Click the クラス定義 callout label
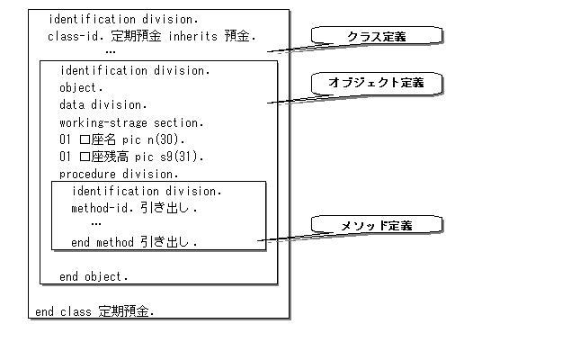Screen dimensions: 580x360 click(377, 36)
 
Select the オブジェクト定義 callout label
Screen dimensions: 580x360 click(376, 82)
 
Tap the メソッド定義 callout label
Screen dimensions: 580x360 click(377, 225)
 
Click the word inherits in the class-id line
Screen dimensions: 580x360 click(192, 36)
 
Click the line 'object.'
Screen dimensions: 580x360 click(81, 88)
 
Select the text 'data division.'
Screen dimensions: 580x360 click(103, 104)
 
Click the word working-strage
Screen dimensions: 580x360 click(103, 122)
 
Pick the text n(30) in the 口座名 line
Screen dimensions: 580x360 click(165, 139)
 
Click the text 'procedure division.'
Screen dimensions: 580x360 click(119, 174)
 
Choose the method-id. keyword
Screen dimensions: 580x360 click(103, 208)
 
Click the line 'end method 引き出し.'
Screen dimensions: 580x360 click(134, 242)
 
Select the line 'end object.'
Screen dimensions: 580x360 click(94, 276)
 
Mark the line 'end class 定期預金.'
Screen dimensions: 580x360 click(94, 311)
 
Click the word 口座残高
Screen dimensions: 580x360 click(104, 157)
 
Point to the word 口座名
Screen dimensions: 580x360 click(98, 139)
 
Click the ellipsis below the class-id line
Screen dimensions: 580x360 click(111, 52)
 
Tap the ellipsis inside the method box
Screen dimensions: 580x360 click(96, 224)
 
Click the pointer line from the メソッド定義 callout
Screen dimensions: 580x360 click(295, 237)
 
